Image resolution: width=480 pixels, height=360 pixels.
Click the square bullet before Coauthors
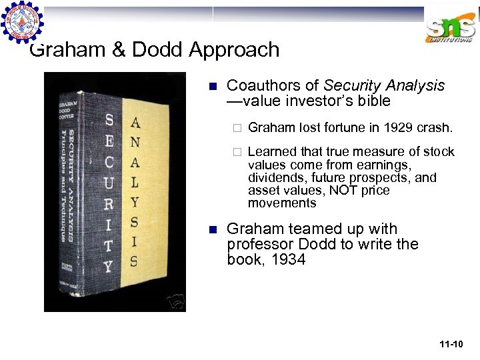coord(213,86)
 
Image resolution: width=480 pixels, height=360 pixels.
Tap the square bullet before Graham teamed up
coord(213,229)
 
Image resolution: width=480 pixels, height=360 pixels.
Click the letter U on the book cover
coord(109,181)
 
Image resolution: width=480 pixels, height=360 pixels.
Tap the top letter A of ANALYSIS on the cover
coord(135,123)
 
